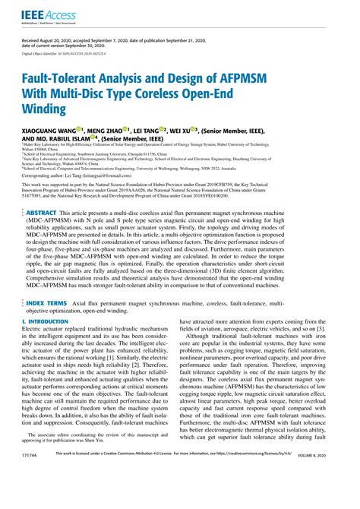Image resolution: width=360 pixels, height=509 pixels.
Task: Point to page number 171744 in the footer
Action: [x=33, y=496]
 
